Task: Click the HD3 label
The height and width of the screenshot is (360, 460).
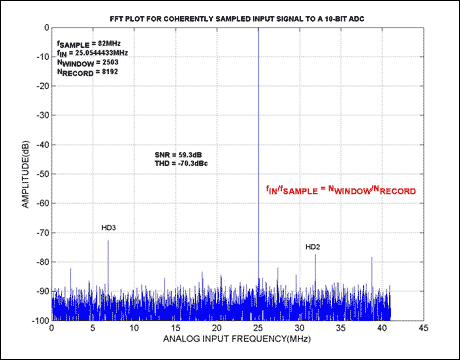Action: pyautogui.click(x=109, y=228)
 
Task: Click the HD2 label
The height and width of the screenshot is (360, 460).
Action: pyautogui.click(x=313, y=247)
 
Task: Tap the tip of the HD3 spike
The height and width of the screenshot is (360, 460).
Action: pyautogui.click(x=108, y=240)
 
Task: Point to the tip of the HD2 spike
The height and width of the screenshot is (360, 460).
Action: pyautogui.click(x=315, y=255)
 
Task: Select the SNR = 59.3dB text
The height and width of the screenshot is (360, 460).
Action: pyautogui.click(x=178, y=155)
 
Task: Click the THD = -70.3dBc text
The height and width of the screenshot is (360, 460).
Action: pyautogui.click(x=181, y=163)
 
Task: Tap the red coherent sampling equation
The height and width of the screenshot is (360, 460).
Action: pyautogui.click(x=341, y=190)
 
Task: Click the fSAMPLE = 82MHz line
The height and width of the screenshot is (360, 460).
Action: pyautogui.click(x=89, y=44)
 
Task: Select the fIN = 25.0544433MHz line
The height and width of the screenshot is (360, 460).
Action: pyautogui.click(x=92, y=53)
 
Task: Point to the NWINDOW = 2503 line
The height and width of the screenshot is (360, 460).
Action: pyautogui.click(x=87, y=63)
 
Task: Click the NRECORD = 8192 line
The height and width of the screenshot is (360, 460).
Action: pyautogui.click(x=87, y=72)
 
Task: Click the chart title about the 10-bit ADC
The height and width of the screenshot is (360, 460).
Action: pyautogui.click(x=237, y=19)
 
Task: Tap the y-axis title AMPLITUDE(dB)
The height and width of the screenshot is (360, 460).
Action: pyautogui.click(x=26, y=174)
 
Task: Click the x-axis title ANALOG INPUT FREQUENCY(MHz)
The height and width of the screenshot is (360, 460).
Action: pyautogui.click(x=237, y=339)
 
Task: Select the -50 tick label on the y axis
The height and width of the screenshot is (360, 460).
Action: pyautogui.click(x=43, y=174)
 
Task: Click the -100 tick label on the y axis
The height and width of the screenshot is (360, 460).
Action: pyautogui.click(x=41, y=321)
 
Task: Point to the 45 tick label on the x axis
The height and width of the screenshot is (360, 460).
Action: pyautogui.click(x=423, y=328)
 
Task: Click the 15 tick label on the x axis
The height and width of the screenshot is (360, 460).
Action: pyautogui.click(x=176, y=328)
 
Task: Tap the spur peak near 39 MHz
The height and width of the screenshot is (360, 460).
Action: pyautogui.click(x=372, y=257)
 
